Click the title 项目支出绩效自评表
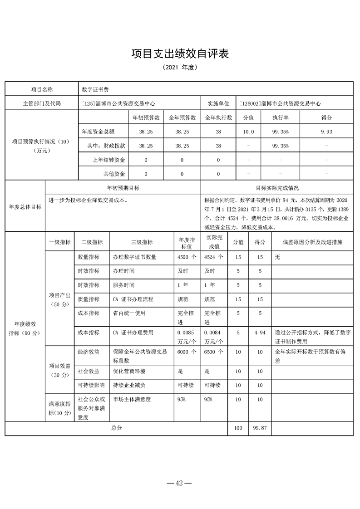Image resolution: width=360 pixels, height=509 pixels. point(180,54)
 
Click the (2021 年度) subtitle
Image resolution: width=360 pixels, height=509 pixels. point(180,68)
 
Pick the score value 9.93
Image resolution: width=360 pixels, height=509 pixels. point(326,132)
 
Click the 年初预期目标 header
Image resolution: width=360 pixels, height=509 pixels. point(123,188)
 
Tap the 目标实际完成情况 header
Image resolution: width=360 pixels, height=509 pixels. point(277,188)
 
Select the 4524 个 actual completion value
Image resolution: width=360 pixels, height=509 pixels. point(214,257)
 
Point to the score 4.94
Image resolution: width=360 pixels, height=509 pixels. point(260,333)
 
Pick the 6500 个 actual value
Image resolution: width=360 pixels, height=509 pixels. point(214,352)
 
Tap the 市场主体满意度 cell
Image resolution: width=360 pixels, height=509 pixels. point(132,400)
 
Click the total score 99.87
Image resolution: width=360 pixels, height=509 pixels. point(260,428)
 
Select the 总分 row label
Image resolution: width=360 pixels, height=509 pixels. point(116,428)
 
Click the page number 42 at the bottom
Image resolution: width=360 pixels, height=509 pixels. point(180,483)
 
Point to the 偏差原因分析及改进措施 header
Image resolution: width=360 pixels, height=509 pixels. point(312,242)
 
